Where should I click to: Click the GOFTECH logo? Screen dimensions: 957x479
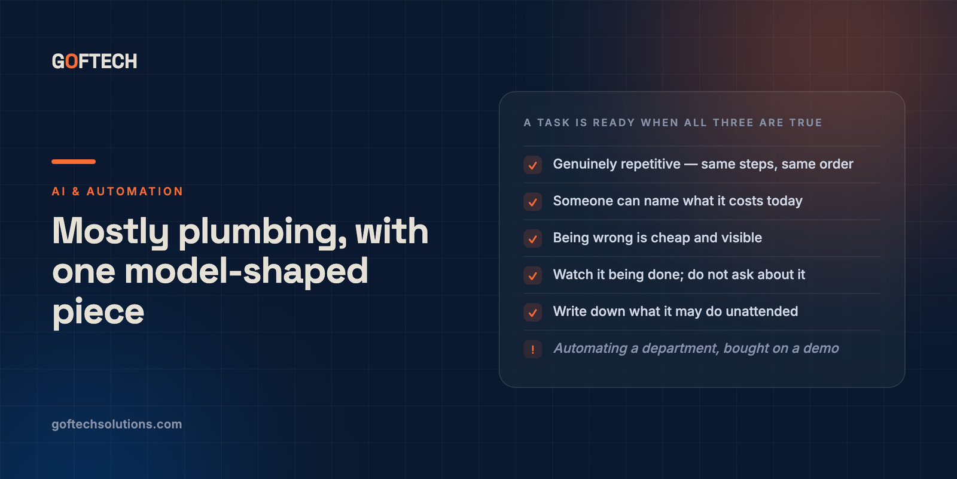[95, 61]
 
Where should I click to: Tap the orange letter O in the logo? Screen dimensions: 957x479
[72, 61]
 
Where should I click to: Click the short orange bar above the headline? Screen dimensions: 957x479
[74, 162]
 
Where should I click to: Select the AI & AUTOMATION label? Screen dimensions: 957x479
[117, 191]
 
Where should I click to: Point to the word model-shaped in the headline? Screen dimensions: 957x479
[246, 271]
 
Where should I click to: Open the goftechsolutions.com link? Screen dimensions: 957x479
[117, 425]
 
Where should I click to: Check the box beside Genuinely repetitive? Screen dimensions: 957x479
[533, 165]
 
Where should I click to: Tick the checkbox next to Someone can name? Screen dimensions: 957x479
[533, 202]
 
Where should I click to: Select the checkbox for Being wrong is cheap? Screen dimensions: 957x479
[533, 239]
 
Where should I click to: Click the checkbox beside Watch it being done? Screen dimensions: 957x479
[533, 275]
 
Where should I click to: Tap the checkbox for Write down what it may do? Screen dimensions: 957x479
[533, 312]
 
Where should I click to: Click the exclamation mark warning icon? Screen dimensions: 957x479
[533, 349]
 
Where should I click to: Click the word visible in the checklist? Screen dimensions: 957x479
[742, 238]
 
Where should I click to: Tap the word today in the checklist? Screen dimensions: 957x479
[784, 201]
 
